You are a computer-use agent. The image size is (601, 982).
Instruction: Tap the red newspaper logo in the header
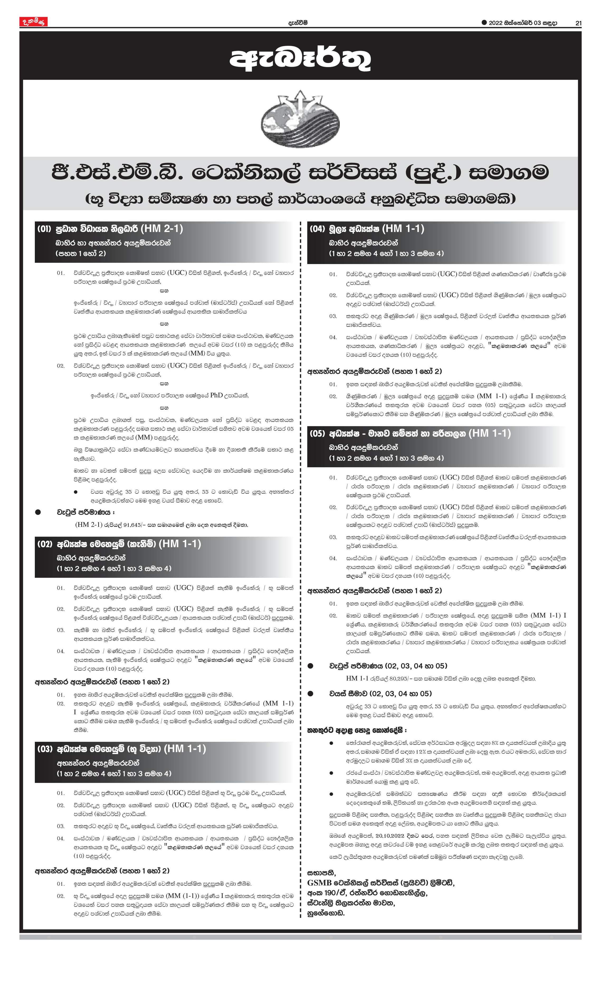(34, 22)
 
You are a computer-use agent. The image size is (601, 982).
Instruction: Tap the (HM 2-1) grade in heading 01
(162, 229)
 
